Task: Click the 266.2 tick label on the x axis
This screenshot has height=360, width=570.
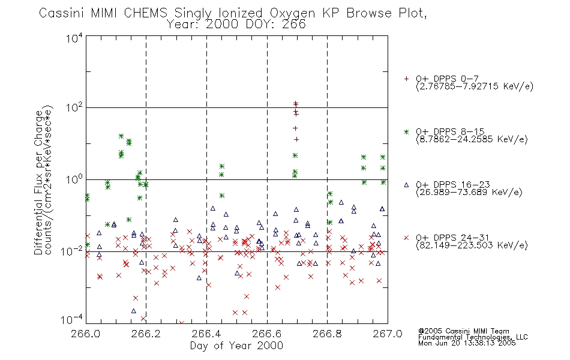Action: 146,334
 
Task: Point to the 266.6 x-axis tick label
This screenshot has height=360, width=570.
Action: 267,334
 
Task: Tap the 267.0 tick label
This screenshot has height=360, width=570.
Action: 388,334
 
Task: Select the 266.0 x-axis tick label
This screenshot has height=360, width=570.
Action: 86,334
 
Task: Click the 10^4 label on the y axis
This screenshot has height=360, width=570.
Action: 74,38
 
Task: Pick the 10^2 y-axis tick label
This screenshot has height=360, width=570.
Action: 74,107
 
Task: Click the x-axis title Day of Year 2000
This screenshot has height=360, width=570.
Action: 236,346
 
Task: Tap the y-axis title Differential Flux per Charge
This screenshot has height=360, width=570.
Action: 38,182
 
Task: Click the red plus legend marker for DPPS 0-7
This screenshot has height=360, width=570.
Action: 406,79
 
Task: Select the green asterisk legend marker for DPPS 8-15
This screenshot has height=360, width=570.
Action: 406,132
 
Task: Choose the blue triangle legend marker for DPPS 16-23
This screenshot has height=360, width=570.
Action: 406,185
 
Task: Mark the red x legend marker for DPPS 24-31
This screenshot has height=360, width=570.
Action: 406,238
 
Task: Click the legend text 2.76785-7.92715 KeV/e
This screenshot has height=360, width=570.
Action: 475,86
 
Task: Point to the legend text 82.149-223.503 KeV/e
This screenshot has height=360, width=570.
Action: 472,245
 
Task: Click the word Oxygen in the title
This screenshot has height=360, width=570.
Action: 292,13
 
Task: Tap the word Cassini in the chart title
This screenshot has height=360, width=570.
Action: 61,13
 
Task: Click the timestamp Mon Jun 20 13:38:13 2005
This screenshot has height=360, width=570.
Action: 467,343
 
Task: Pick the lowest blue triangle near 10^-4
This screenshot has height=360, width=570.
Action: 133,311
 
